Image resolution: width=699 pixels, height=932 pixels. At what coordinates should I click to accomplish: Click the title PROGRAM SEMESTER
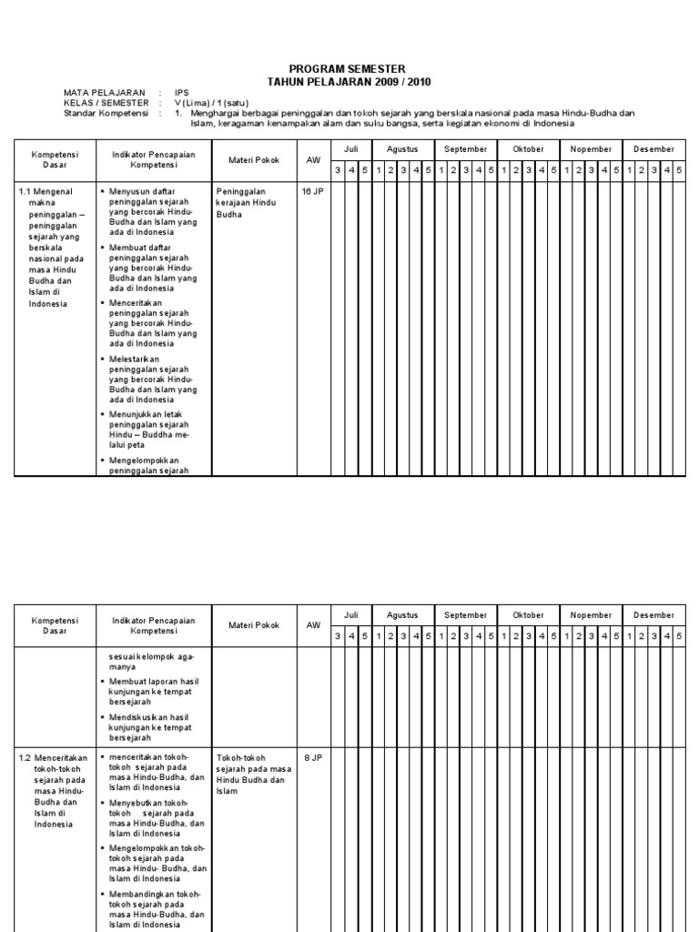(349, 69)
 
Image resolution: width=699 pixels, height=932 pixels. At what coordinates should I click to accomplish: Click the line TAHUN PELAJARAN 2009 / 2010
(349, 82)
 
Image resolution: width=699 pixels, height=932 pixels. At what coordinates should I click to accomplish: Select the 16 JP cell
(312, 192)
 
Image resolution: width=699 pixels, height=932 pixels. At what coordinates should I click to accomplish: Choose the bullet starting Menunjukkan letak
(151, 430)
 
